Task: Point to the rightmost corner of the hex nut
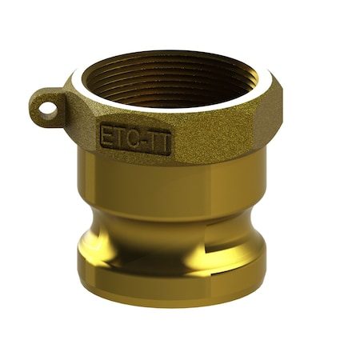[x=281, y=104]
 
